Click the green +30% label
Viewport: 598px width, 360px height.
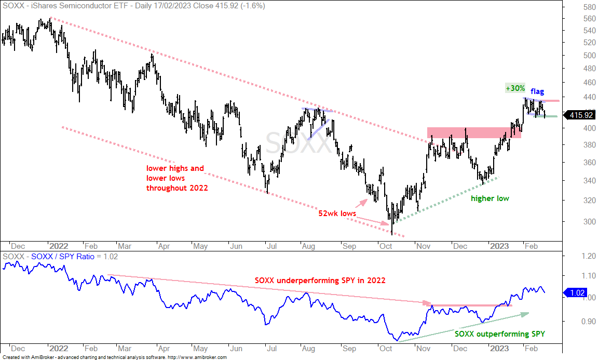coord(515,88)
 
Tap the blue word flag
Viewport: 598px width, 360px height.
coord(537,91)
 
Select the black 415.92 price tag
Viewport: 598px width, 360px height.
coord(580,115)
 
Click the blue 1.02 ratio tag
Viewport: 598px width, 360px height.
coord(577,293)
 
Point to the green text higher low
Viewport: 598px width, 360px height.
coord(490,198)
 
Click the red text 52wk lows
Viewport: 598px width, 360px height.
coord(337,214)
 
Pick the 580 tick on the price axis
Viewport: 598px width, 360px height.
coord(589,7)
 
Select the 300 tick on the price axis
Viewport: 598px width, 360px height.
coord(589,222)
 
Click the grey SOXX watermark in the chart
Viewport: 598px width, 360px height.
coord(298,143)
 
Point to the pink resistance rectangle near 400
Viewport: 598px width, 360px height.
coord(474,132)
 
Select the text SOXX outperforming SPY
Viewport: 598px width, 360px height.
coord(499,334)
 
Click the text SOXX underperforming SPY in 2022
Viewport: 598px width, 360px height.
coord(320,281)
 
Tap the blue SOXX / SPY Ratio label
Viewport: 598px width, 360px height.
coord(62,257)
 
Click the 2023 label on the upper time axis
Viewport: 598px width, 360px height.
coord(499,246)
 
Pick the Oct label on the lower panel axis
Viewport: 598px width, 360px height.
coord(386,349)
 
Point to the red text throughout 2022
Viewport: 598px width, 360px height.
coord(177,188)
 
